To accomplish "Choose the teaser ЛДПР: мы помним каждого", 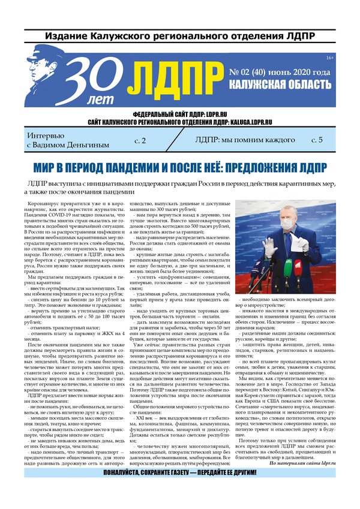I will [x=245, y=140].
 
